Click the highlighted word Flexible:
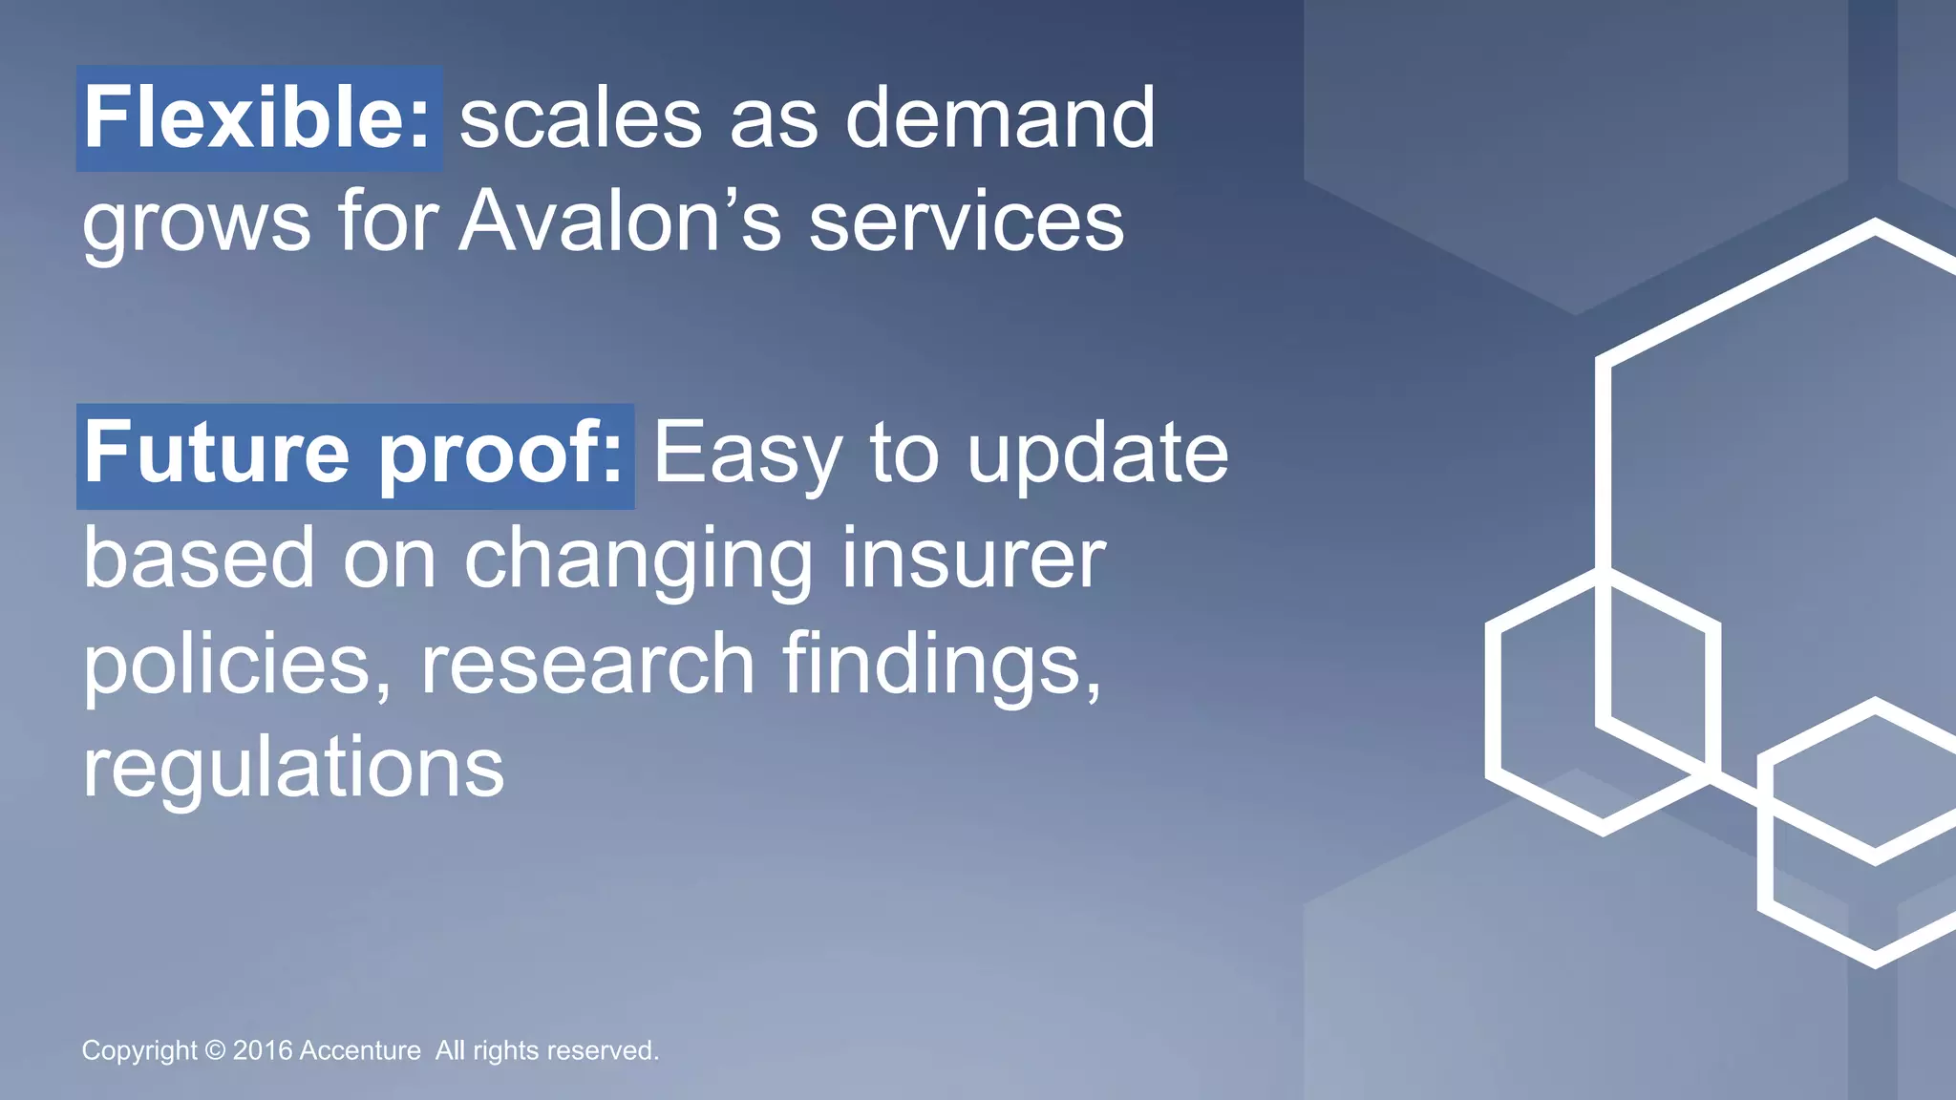coord(259,118)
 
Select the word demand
coord(1000,118)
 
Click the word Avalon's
coord(620,222)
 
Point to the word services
coord(967,222)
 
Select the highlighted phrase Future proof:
coord(354,455)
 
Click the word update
coord(1097,456)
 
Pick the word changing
coord(639,561)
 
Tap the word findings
coord(942,665)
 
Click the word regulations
coord(293,770)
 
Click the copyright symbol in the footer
coord(215,1050)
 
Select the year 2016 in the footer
coord(263,1050)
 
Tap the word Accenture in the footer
coord(360,1050)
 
